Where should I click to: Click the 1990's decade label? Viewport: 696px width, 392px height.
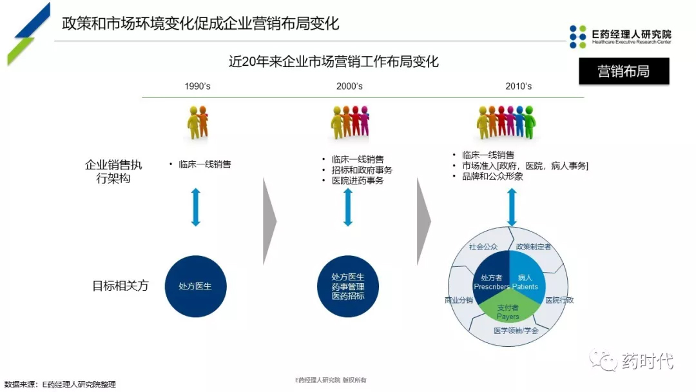(197, 86)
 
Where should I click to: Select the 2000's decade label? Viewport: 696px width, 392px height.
(349, 86)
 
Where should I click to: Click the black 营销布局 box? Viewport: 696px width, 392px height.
(623, 72)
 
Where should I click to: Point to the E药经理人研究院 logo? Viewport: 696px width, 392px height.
(620, 37)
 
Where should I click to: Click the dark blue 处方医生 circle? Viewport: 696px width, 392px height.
(195, 286)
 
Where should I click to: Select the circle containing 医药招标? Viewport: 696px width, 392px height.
(348, 286)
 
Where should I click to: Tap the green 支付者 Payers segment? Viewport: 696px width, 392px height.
(508, 311)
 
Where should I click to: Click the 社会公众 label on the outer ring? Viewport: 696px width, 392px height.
(483, 247)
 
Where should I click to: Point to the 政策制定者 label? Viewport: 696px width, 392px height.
(534, 247)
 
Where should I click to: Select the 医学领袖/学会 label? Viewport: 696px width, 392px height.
(516, 331)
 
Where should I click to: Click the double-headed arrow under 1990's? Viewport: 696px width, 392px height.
(196, 206)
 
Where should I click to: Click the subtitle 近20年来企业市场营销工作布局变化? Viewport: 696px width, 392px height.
(334, 62)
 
